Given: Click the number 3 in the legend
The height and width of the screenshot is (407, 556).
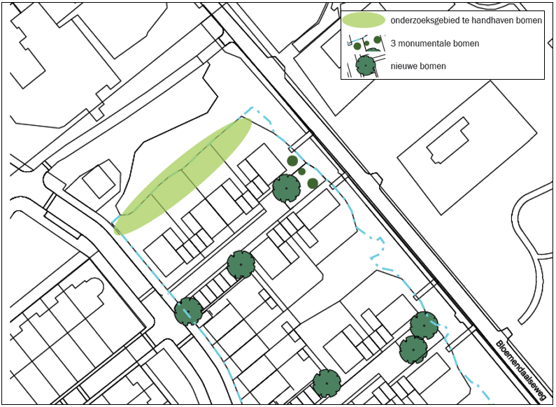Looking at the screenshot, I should [x=395, y=44].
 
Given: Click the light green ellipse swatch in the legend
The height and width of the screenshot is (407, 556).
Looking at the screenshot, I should [x=364, y=20].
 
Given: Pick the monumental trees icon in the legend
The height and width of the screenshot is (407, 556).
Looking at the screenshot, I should [x=368, y=44].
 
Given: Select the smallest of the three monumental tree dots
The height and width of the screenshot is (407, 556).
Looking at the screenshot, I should [x=301, y=171].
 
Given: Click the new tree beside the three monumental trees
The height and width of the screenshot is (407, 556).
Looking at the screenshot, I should [x=286, y=188].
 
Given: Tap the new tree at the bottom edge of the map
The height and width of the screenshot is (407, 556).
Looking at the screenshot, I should [x=327, y=383].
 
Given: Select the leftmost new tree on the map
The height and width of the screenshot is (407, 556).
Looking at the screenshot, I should [x=188, y=311].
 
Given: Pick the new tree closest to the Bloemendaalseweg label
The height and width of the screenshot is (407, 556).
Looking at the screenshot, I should [x=424, y=325].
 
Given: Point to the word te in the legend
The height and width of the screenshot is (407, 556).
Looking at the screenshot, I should [x=464, y=20].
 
